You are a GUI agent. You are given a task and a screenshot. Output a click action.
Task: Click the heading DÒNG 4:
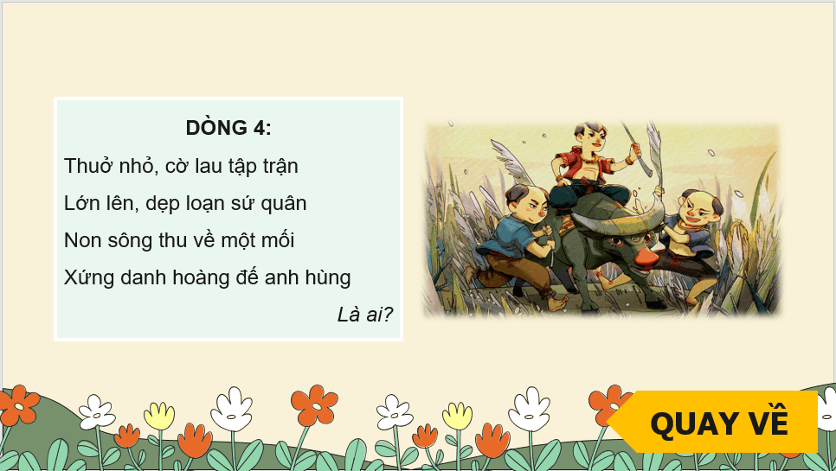tap(228, 128)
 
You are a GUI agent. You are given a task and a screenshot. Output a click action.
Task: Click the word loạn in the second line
tap(211, 204)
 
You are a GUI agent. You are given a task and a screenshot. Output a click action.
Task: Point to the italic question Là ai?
tap(364, 315)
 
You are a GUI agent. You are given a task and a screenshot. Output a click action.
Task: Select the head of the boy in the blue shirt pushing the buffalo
tap(527, 204)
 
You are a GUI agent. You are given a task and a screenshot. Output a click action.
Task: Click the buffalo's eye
tap(616, 242)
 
